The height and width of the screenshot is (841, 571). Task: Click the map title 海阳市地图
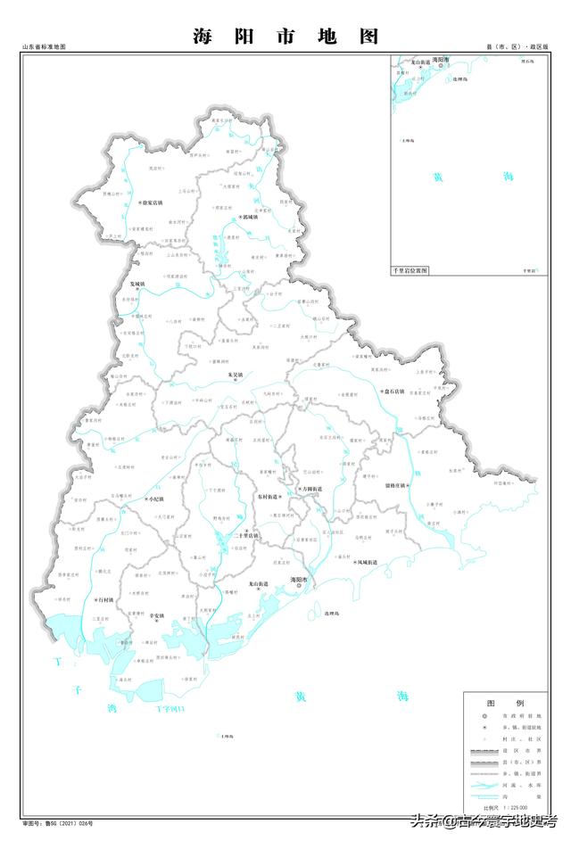285,37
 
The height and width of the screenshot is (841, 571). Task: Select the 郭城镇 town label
249,217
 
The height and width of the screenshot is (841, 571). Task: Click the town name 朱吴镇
236,375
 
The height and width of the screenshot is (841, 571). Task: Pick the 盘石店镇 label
393,391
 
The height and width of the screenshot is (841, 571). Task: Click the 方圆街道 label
311,490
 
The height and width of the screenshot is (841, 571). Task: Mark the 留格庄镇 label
394,486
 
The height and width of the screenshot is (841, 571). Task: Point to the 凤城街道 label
367,563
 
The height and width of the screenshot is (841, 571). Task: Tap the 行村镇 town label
103,601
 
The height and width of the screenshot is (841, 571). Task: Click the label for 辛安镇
157,615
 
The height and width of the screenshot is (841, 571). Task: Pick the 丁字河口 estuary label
170,709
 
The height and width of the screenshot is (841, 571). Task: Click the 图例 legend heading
500,703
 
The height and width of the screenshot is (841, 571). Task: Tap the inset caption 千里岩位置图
411,269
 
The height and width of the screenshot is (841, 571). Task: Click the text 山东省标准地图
45,45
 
